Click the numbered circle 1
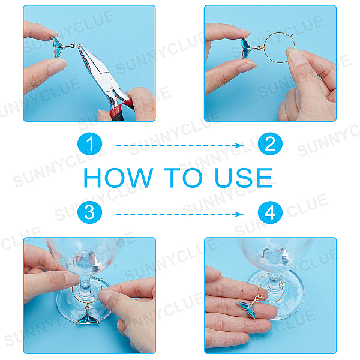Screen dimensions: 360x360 coord(90,143)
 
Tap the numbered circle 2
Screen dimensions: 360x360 coord(270,143)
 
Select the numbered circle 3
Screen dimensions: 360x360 coord(90,212)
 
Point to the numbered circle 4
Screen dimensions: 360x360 coord(270,212)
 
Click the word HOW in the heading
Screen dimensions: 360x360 coord(118,178)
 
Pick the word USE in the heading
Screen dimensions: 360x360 coord(244,178)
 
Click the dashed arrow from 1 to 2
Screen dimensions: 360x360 coord(179,145)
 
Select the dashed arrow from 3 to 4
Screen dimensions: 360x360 coord(179,214)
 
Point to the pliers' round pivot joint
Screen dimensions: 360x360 coord(106,81)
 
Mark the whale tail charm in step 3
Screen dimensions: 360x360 coord(88,317)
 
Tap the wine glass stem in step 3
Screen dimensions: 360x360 coord(85,284)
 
